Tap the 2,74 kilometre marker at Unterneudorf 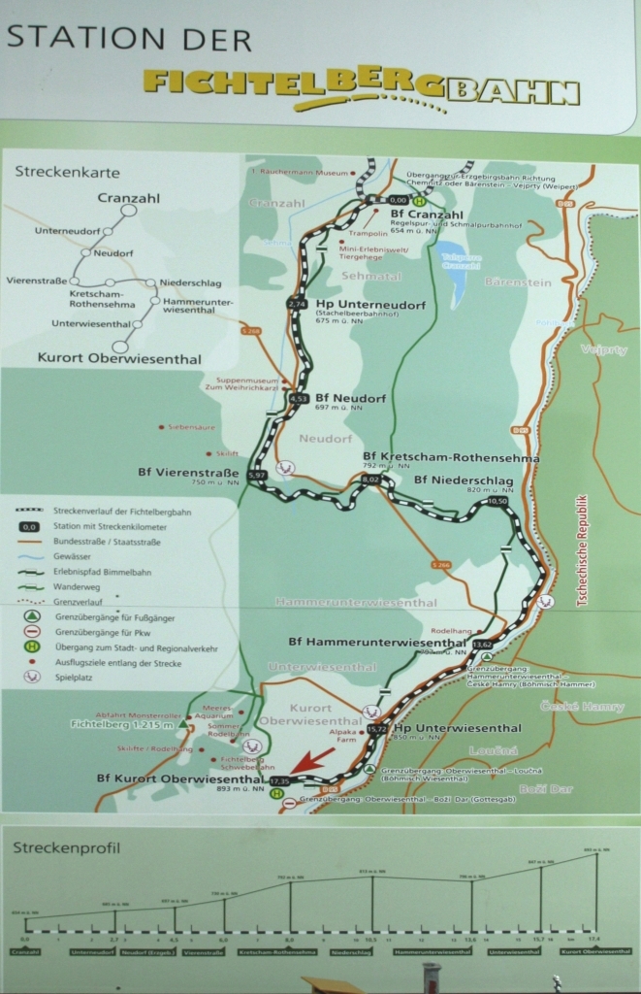coord(297,304)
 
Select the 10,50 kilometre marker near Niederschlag coord(497,501)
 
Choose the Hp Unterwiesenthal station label coord(443,728)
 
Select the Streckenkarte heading coord(67,172)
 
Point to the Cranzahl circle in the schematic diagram coord(128,211)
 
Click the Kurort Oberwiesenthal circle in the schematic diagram coord(120,346)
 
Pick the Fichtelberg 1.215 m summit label coord(121,724)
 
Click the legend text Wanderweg coord(75,587)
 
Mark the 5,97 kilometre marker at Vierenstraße coord(257,475)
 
